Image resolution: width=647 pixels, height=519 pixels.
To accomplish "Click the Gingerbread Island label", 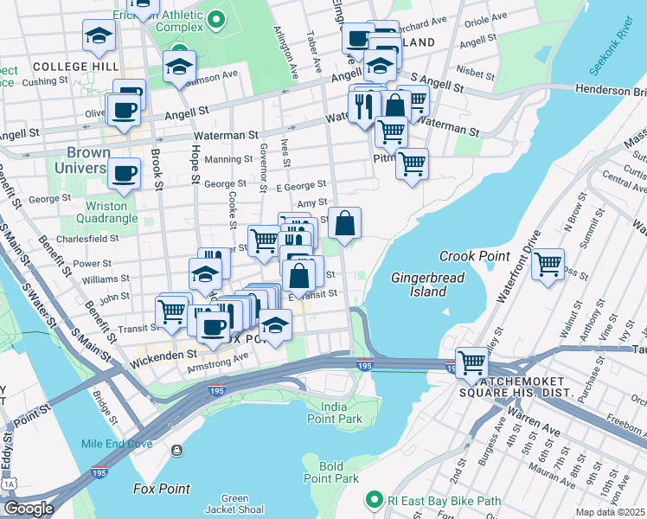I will coord(427,285).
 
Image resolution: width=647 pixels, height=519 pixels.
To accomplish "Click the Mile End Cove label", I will coord(117,444).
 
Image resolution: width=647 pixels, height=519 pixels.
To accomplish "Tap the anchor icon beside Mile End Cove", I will coord(176,450).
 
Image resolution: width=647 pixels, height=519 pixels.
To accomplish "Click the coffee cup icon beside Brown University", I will coord(125,173).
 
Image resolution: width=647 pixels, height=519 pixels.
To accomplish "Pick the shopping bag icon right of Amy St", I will coord(344,223).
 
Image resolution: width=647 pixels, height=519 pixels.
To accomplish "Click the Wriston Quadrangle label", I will coord(106,213).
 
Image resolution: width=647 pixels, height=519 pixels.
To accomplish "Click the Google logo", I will coord(28,509).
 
